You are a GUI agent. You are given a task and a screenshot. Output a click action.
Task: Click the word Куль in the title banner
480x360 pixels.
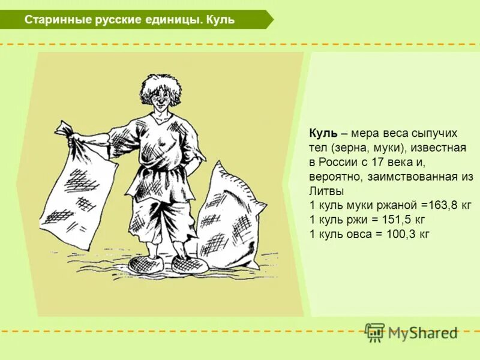[220, 20]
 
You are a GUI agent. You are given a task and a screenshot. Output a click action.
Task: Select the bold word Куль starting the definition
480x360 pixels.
[323, 133]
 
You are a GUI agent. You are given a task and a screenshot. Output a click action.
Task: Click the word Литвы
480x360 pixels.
[326, 191]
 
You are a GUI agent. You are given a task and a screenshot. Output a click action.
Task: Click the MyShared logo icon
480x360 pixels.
[375, 332]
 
